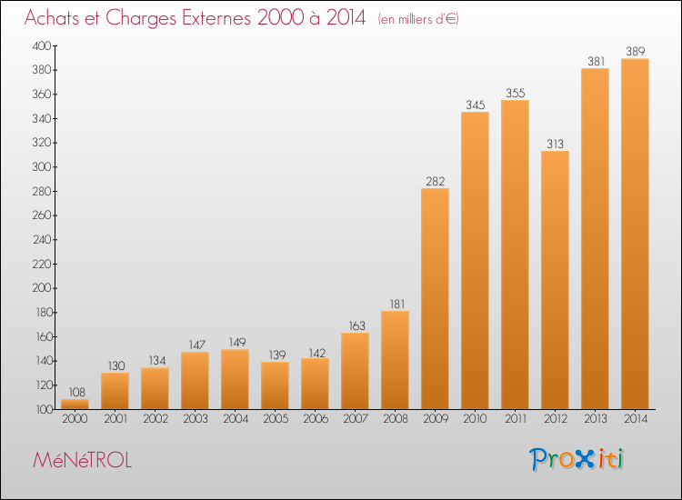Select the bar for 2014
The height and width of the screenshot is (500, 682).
pyautogui.click(x=635, y=234)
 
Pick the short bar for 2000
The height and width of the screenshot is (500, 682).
pyautogui.click(x=75, y=405)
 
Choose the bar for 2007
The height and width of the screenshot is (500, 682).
pyautogui.click(x=355, y=371)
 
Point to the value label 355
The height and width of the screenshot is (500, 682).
pyautogui.click(x=515, y=93)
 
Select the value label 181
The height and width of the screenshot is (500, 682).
pyautogui.click(x=395, y=305)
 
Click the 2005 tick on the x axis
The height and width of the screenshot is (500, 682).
pyautogui.click(x=275, y=420)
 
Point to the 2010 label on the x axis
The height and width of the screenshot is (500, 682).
pyautogui.click(x=475, y=420)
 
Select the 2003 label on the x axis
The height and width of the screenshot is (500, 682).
pyautogui.click(x=195, y=420)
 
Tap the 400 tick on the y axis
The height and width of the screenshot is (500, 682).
pyautogui.click(x=43, y=45)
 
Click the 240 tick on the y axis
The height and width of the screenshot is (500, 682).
pyautogui.click(x=43, y=240)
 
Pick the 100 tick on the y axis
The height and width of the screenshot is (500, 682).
pyautogui.click(x=43, y=410)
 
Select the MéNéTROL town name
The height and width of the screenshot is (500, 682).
pyautogui.click(x=82, y=460)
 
